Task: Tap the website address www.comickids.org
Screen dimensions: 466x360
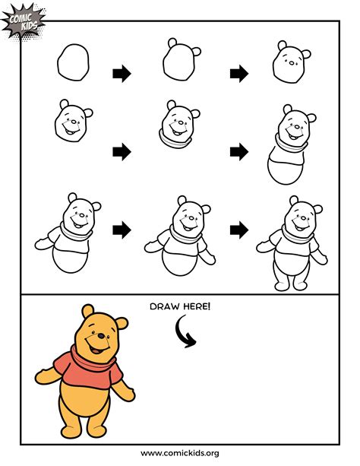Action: [x=180, y=453]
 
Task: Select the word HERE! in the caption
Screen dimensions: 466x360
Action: [x=197, y=306]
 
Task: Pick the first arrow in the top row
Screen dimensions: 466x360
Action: [x=122, y=74]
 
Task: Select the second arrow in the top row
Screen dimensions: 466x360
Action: [x=239, y=74]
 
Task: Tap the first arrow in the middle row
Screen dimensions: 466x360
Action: [x=122, y=151]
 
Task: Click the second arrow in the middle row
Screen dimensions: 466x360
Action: [x=239, y=151]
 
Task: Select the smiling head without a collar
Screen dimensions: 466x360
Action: [x=73, y=120]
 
